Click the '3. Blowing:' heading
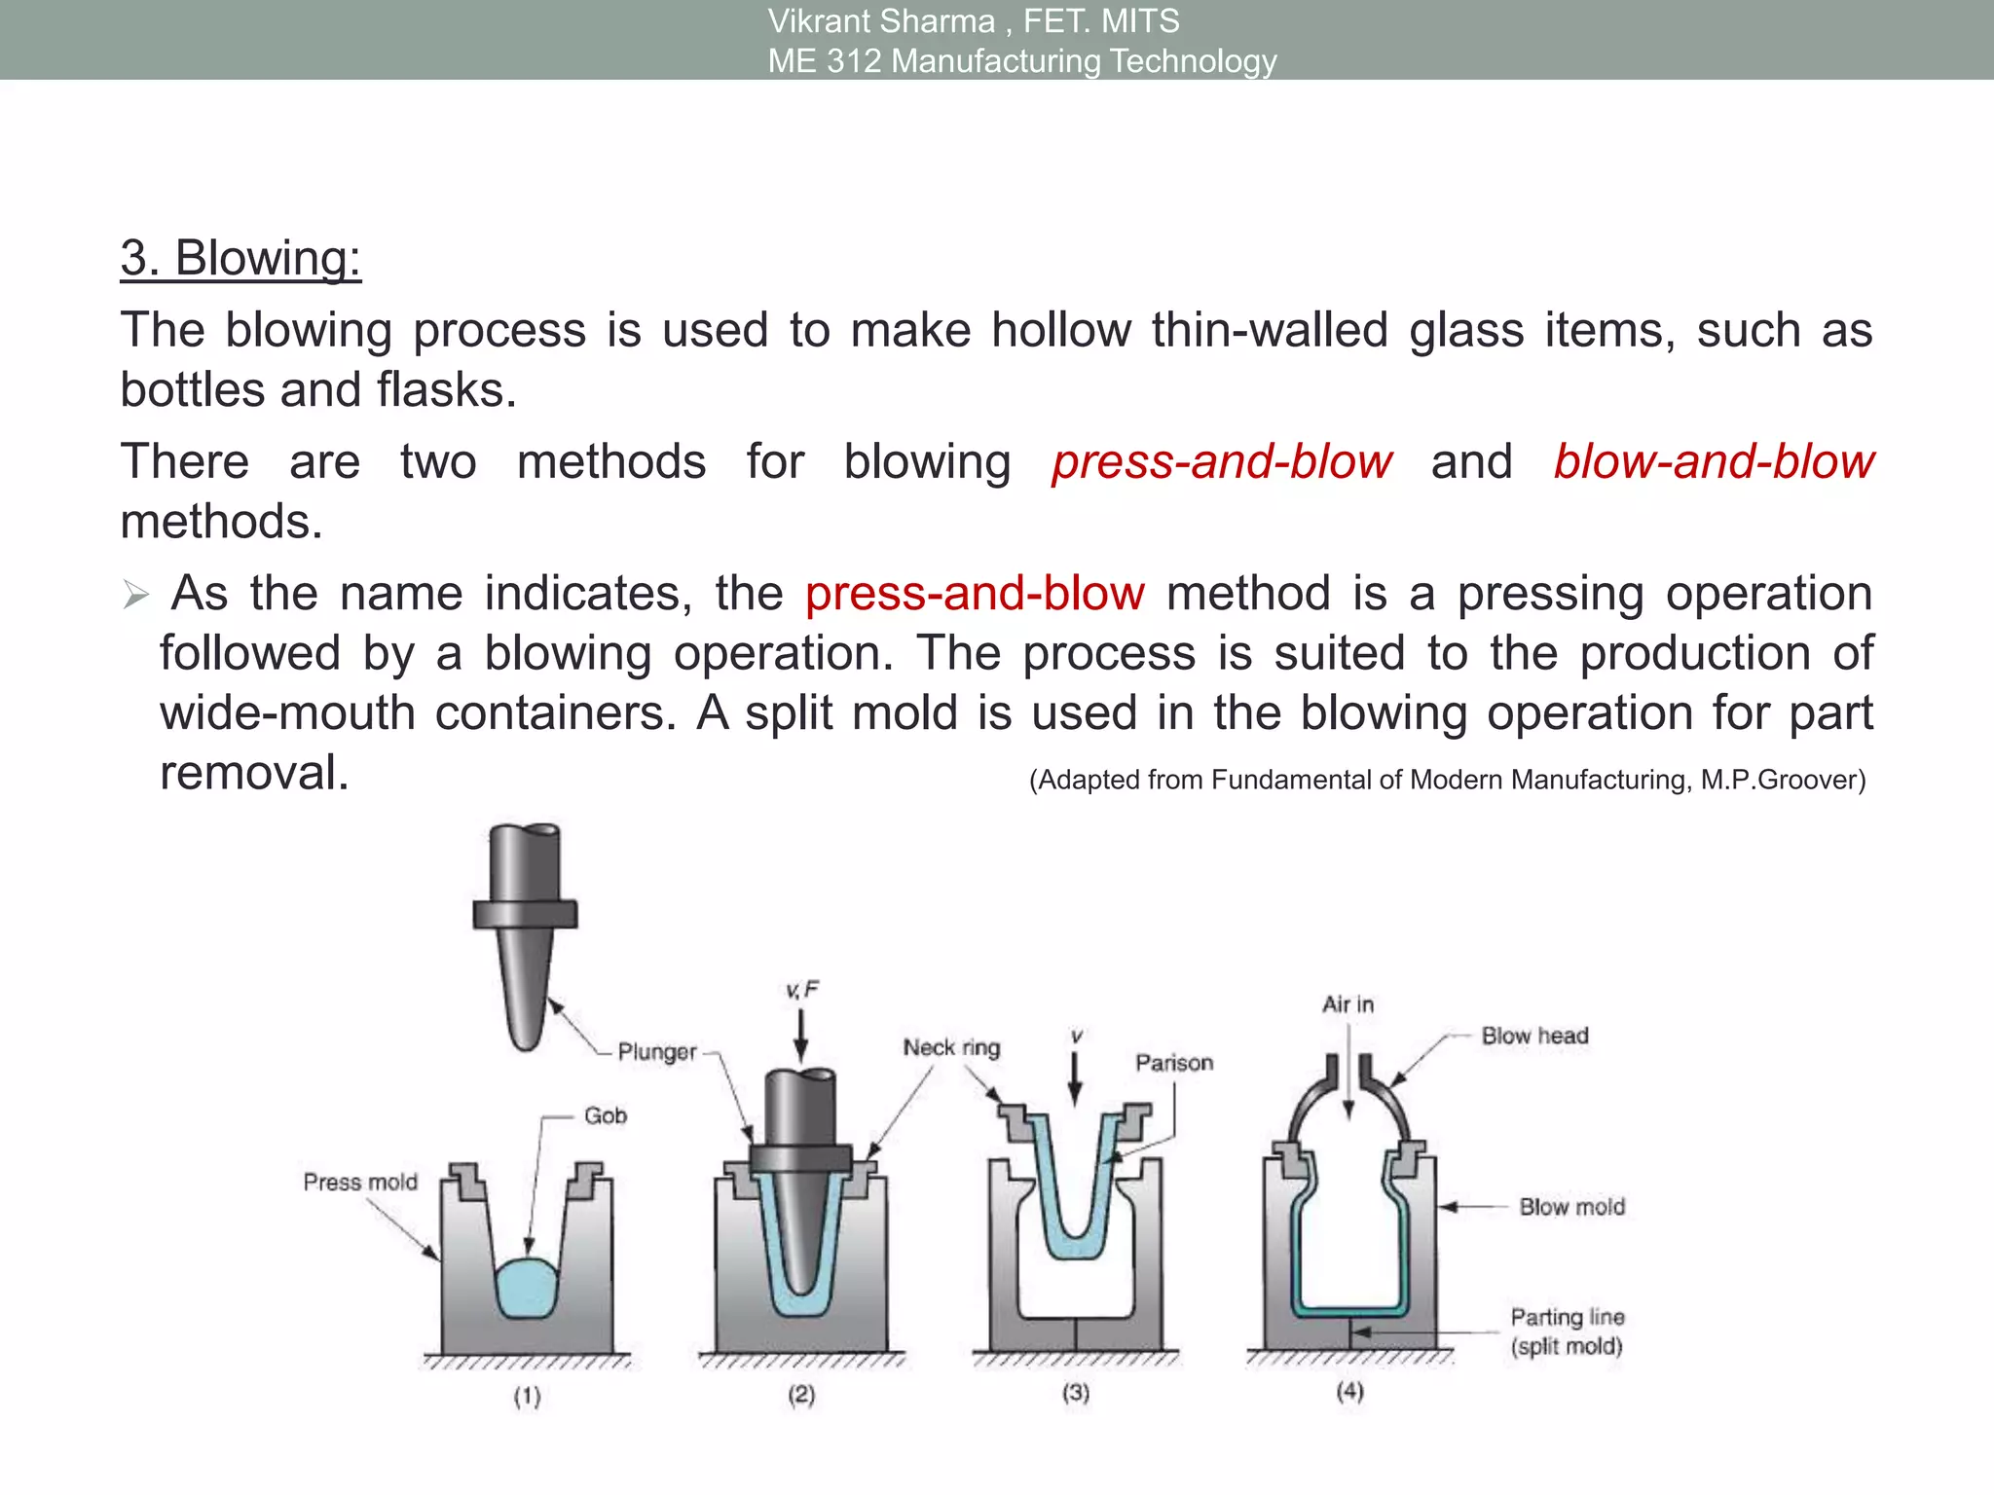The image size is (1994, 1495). (240, 259)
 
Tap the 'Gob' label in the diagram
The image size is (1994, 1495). (605, 1115)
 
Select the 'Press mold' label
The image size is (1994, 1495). (360, 1182)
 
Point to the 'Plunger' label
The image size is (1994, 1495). (657, 1052)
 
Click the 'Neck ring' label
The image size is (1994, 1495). (951, 1047)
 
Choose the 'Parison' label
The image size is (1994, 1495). (1174, 1063)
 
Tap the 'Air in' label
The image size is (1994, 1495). (1348, 1004)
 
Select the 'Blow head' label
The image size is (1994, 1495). (1534, 1036)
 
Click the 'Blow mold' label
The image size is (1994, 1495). (1571, 1207)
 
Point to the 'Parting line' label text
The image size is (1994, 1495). (1567, 1317)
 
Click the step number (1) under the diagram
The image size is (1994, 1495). (527, 1397)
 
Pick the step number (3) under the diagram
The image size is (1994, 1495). (1075, 1393)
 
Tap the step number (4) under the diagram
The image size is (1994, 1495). (1349, 1392)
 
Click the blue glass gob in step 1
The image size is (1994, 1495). (527, 1289)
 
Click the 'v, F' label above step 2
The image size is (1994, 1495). (802, 991)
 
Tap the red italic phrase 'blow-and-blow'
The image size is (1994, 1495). (1713, 461)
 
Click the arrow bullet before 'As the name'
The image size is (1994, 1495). (135, 595)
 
